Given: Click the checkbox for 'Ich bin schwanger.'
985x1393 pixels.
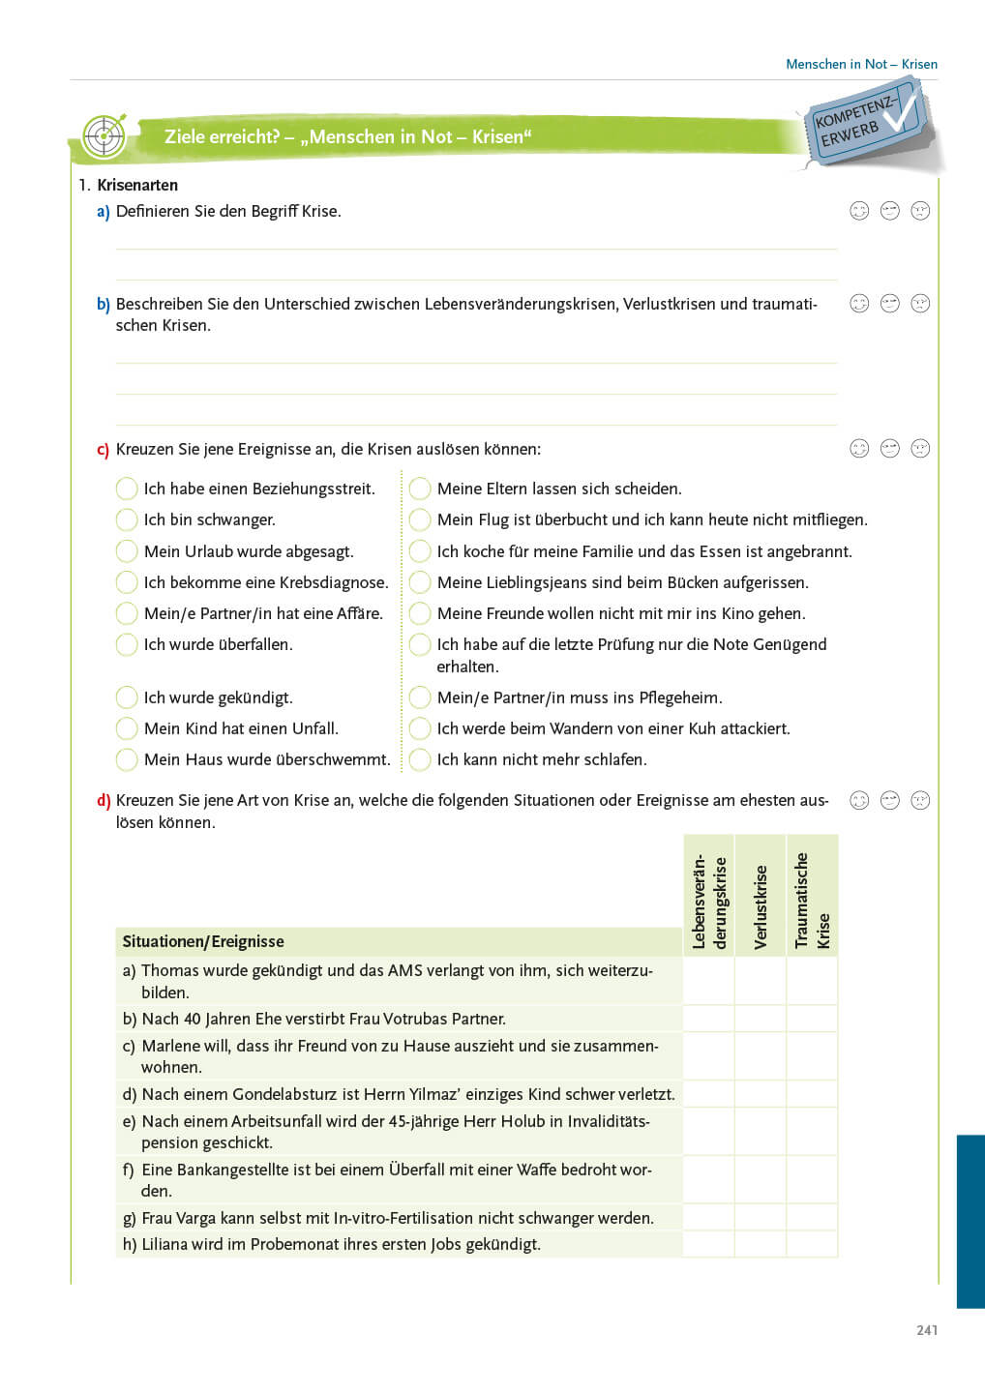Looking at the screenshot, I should (x=127, y=520).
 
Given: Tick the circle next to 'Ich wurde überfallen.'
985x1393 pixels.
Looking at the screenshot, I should (x=127, y=645).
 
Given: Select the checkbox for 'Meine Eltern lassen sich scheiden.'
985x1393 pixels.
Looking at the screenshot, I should (x=420, y=489).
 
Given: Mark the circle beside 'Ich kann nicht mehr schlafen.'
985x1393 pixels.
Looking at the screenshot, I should (x=420, y=760).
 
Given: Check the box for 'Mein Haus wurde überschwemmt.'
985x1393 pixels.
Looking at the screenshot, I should (x=127, y=760).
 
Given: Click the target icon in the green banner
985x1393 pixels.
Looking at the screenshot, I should (x=104, y=136).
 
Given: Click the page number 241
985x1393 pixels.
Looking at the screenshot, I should (x=927, y=1330).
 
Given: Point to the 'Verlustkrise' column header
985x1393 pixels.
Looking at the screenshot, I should (x=761, y=906).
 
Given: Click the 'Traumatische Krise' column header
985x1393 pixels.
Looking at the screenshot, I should (x=812, y=900).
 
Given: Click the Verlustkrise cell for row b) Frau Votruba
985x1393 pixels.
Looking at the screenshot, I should (x=761, y=1019).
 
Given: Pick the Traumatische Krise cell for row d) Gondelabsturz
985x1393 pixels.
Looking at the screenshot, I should (x=812, y=1094).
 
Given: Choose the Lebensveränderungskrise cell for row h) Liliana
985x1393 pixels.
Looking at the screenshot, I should (x=709, y=1244).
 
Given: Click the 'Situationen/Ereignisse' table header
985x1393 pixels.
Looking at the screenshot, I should (x=203, y=941).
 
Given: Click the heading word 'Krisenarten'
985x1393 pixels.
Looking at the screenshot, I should (x=137, y=185).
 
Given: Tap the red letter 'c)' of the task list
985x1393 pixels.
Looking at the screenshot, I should (x=103, y=450).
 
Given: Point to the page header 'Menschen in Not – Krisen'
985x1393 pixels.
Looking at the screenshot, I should (x=861, y=64).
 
